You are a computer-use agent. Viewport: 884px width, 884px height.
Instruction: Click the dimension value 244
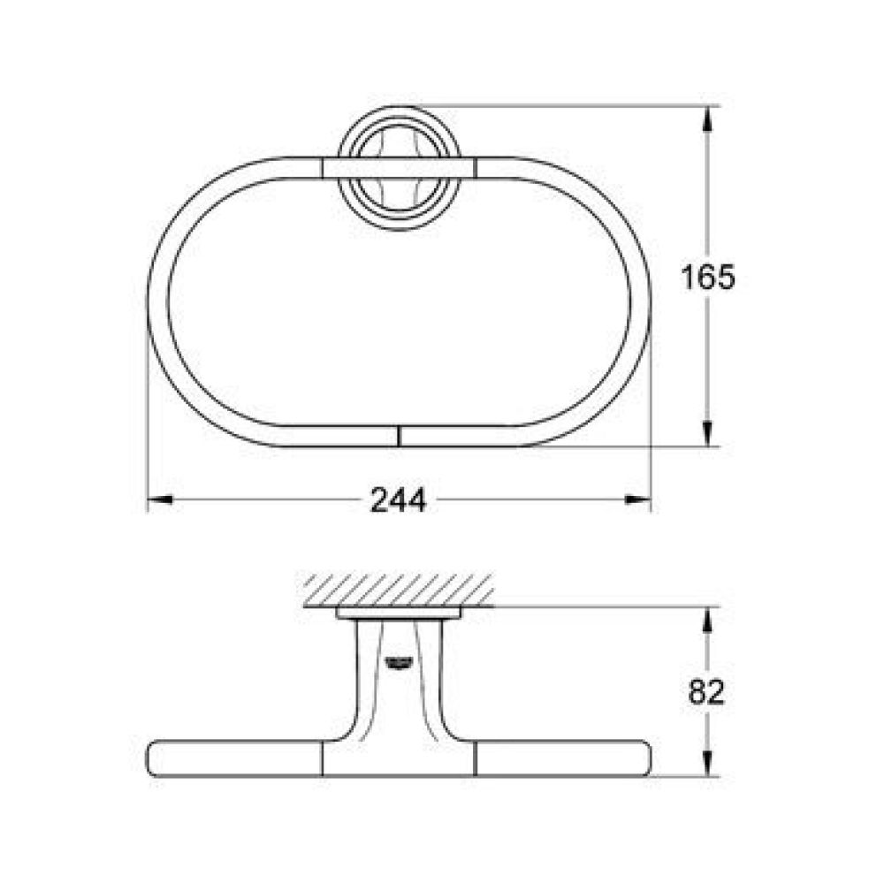coord(398,500)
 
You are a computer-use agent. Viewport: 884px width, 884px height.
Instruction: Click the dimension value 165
coord(707,278)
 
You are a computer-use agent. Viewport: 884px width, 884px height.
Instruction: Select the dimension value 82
coord(706,692)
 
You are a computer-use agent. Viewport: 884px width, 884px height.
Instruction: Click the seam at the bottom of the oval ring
coord(399,435)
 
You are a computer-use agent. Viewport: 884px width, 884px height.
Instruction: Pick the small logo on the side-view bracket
coord(397,659)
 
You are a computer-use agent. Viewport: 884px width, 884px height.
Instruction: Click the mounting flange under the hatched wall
coord(399,613)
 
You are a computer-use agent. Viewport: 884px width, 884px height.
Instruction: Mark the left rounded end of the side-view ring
coord(155,758)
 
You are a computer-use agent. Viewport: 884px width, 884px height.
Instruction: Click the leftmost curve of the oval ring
coord(157,301)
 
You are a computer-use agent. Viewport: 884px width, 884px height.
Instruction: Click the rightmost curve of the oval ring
coord(641,301)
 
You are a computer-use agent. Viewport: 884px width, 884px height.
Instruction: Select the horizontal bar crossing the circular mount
coord(399,169)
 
